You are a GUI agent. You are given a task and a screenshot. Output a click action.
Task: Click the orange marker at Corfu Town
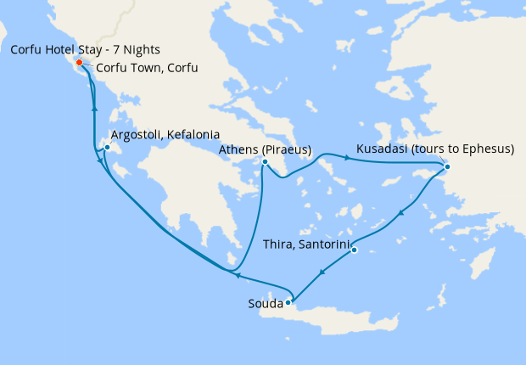79,63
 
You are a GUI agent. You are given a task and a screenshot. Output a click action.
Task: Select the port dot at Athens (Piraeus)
265,162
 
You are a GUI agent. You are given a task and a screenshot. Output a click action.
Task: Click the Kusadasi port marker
447,166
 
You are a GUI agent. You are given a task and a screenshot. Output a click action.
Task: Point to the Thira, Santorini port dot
354,250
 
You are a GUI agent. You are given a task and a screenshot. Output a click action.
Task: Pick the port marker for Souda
288,301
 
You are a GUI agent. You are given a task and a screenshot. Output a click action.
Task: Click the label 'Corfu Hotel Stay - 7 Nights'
85,50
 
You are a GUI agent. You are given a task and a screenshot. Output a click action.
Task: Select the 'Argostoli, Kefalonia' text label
165,135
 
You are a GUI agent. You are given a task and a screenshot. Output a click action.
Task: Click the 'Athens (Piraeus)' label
265,149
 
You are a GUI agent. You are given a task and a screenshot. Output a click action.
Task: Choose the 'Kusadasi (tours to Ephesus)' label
435,149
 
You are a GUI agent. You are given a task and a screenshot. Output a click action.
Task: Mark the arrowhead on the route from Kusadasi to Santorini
400,212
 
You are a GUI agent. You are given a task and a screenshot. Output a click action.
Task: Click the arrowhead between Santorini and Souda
322,272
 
